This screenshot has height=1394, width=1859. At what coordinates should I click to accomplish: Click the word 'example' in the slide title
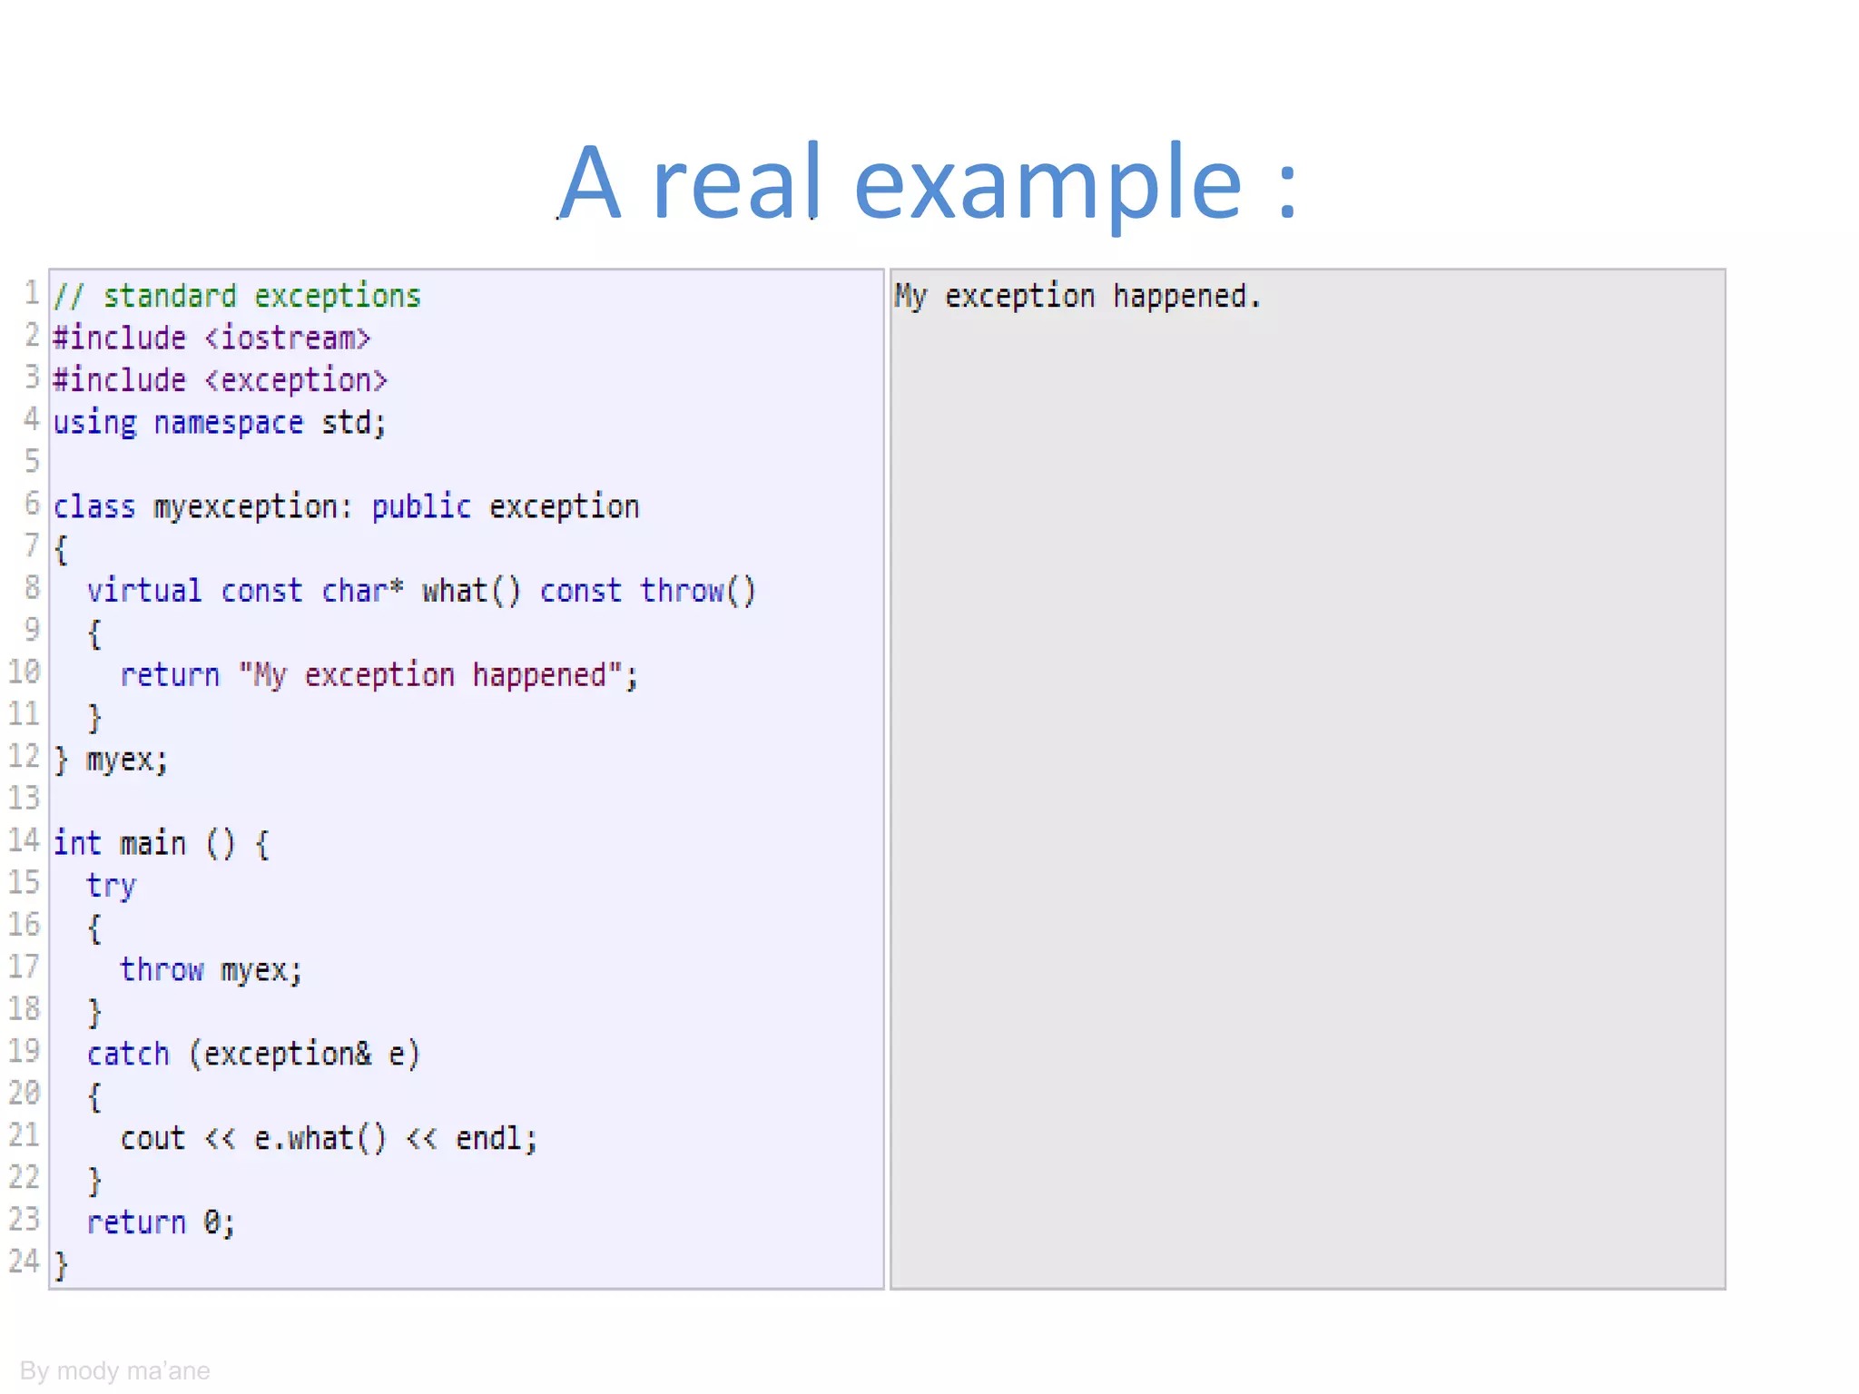[x=1048, y=184]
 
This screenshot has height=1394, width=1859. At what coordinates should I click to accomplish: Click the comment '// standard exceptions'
[x=237, y=297]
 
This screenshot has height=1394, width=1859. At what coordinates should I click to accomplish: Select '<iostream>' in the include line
[x=288, y=339]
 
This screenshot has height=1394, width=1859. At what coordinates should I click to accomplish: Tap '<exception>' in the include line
[x=296, y=380]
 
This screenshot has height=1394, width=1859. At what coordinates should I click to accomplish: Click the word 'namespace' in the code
[x=228, y=423]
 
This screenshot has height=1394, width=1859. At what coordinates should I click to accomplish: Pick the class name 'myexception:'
[x=252, y=507]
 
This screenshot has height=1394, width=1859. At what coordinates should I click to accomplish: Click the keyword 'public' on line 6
[x=421, y=507]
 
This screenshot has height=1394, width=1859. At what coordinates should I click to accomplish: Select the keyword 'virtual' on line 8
[x=143, y=591]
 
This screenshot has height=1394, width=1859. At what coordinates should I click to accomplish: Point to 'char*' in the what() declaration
[x=362, y=591]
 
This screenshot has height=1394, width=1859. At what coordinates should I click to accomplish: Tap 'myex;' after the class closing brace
[x=127, y=760]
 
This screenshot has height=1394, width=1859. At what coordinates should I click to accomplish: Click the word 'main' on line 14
[x=152, y=844]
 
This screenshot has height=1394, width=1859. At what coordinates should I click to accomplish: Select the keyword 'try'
[x=111, y=887]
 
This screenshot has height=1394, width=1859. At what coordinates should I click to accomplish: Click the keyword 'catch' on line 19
[x=128, y=1055]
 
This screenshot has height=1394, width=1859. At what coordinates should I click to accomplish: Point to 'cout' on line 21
[x=152, y=1139]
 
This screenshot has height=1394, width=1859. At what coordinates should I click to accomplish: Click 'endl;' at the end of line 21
[x=496, y=1139]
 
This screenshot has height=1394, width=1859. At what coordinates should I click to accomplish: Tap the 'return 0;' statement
[x=161, y=1223]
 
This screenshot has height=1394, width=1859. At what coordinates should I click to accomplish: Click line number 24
[x=25, y=1261]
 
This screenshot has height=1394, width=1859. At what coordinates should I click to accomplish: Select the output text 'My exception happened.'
[x=1077, y=297]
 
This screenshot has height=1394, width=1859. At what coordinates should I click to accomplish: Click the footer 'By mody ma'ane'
[x=114, y=1370]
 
